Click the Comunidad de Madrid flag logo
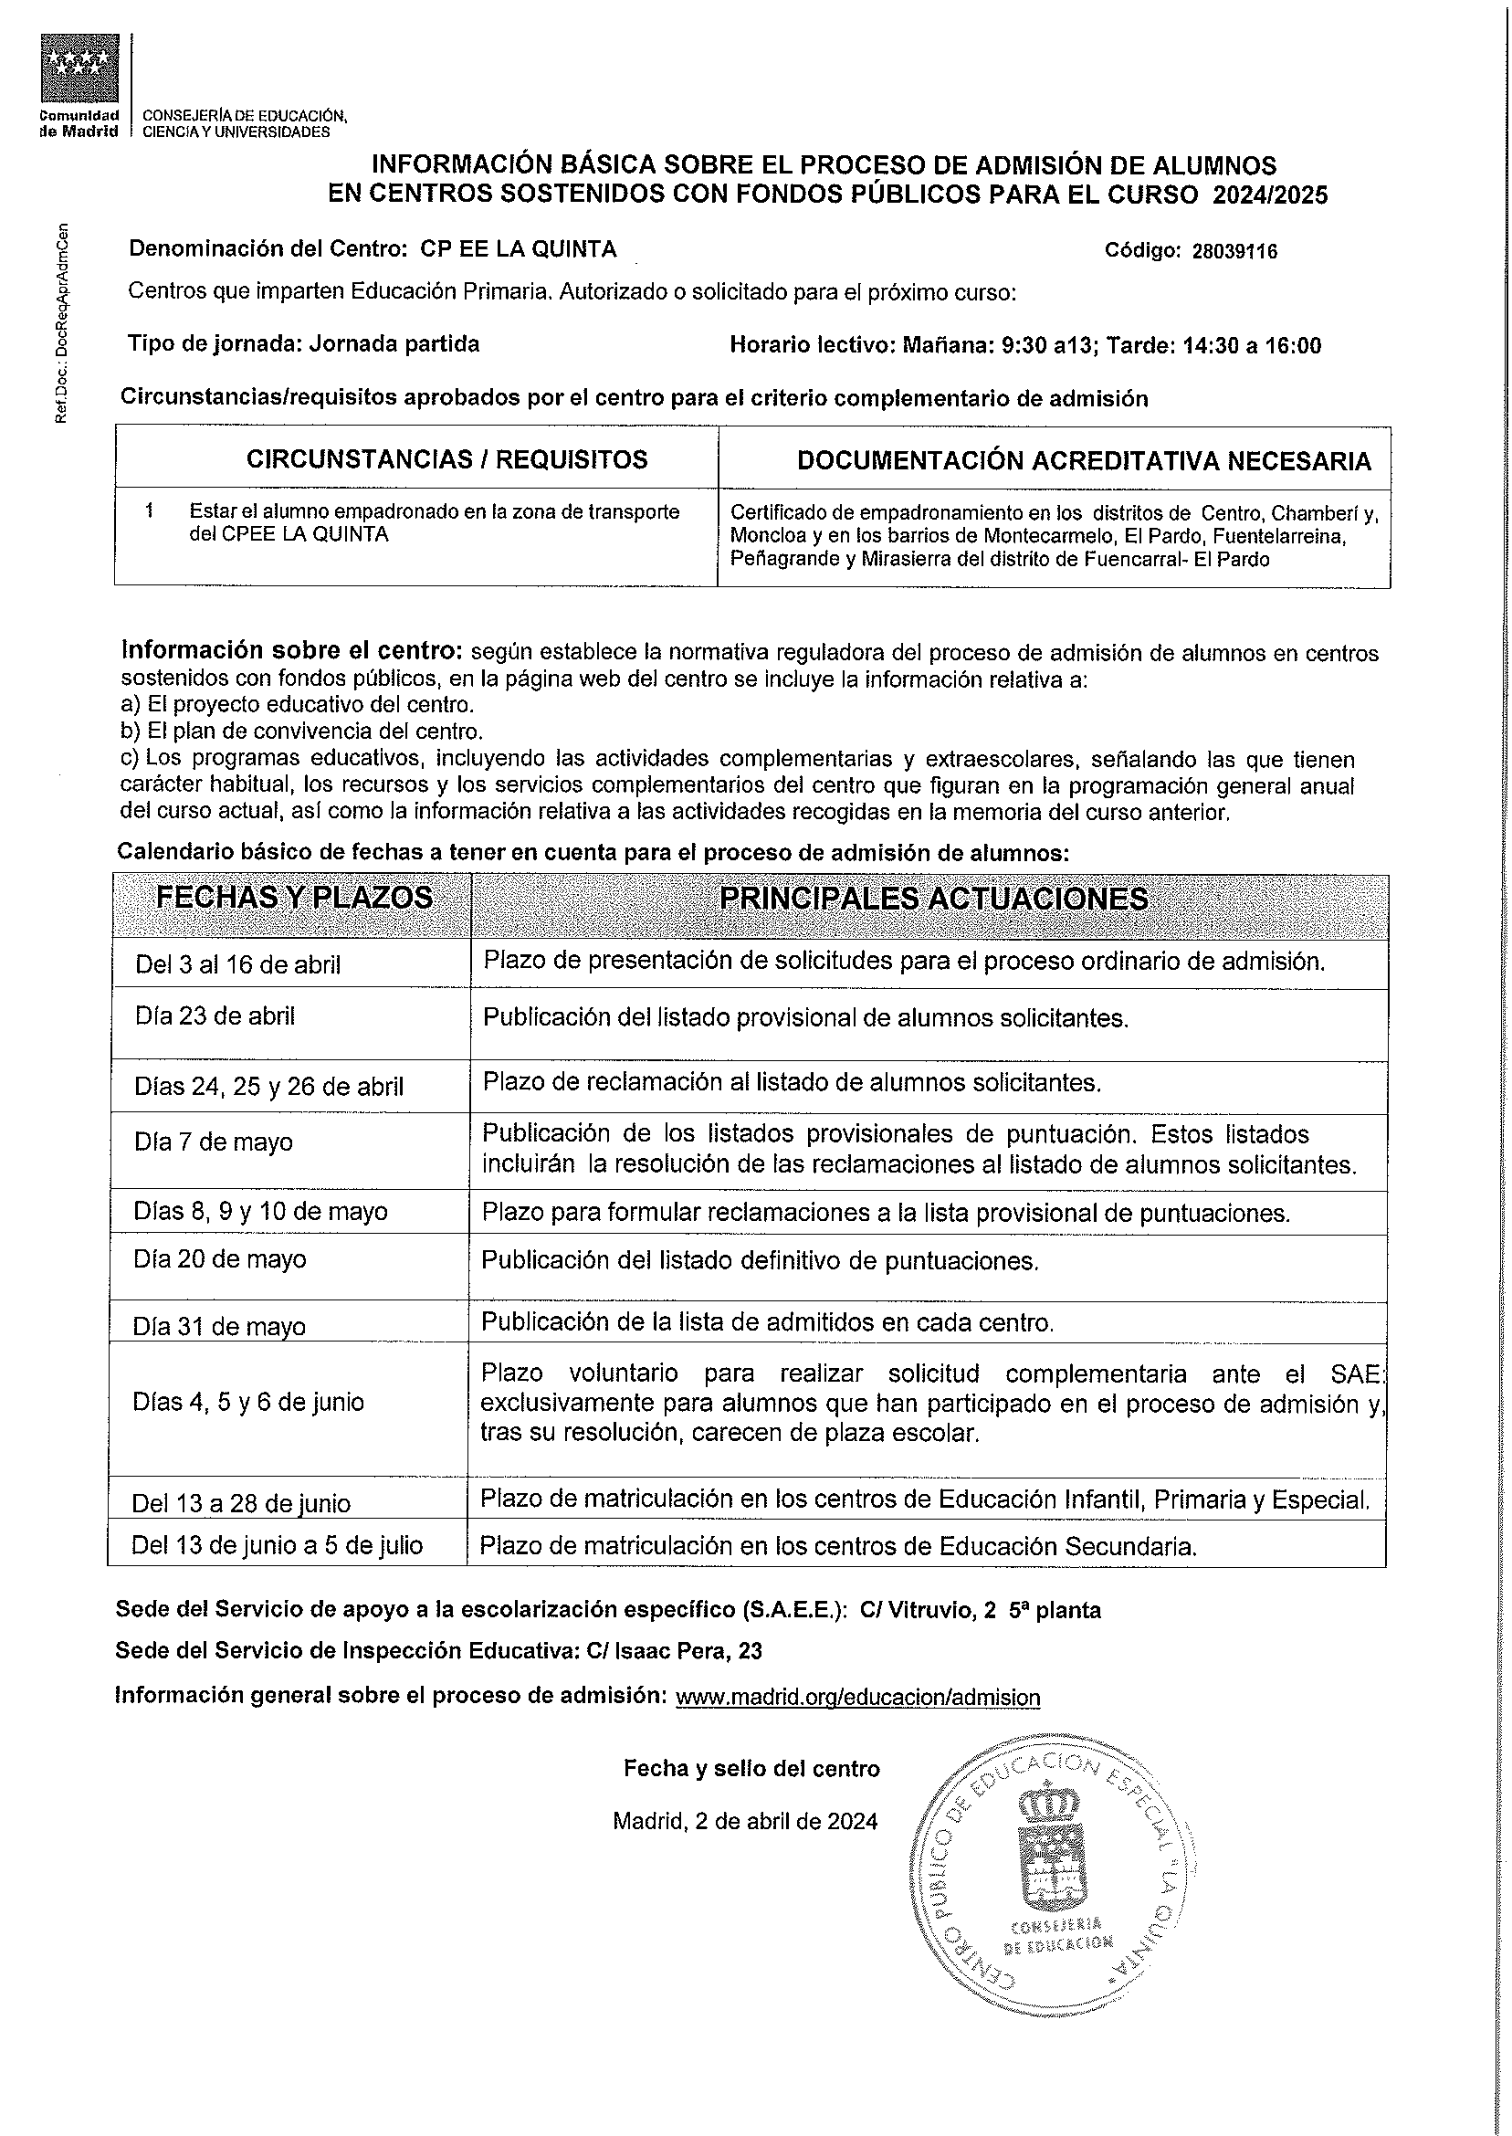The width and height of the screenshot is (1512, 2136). tap(80, 68)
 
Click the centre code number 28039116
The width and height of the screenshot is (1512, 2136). tap(1234, 251)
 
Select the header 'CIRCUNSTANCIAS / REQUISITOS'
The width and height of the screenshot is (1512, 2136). tap(446, 459)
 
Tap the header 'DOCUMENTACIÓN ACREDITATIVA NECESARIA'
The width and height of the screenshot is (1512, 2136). tap(1084, 461)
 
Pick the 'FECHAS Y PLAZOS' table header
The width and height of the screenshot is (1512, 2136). tap(293, 898)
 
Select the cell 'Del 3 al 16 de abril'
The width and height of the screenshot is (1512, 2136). tap(237, 964)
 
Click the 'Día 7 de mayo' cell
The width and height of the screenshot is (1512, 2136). tap(214, 1142)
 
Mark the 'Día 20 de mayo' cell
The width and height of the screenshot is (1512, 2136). tap(220, 1260)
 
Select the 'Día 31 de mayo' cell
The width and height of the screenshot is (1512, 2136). tap(219, 1326)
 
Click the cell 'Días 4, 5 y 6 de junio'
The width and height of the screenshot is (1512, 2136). tap(247, 1403)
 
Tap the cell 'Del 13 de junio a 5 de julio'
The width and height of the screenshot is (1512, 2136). tap(277, 1546)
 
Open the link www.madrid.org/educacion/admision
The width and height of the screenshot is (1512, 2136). tap(856, 1698)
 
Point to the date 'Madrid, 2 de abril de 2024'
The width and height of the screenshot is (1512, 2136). tap(745, 1821)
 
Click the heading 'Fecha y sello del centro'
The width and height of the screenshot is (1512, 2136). tap(751, 1769)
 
